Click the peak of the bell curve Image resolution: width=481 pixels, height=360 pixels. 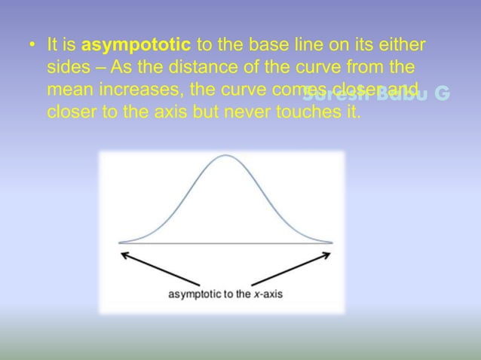coord(224,155)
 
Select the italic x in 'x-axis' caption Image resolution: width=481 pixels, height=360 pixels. coord(254,294)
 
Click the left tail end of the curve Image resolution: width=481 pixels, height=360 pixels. coord(121,242)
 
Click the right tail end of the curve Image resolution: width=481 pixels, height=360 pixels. coord(331,242)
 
